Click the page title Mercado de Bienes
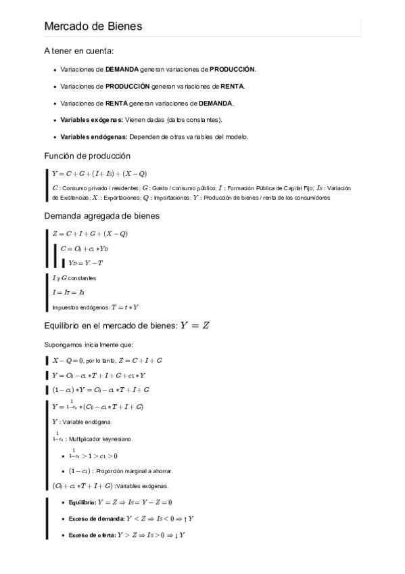point(93,26)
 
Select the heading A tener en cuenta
point(78,51)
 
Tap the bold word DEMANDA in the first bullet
point(122,69)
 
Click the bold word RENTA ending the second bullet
point(232,86)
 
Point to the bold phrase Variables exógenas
point(91,120)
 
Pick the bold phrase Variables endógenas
point(93,137)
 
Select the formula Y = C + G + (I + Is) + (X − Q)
point(99,173)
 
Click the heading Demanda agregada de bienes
point(101,216)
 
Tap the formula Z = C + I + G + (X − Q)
point(90,234)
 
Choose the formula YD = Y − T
point(85,263)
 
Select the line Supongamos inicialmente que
point(89,344)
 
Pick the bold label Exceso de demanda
point(96,518)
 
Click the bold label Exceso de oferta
point(92,535)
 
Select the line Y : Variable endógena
point(83,422)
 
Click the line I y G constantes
point(74,278)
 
